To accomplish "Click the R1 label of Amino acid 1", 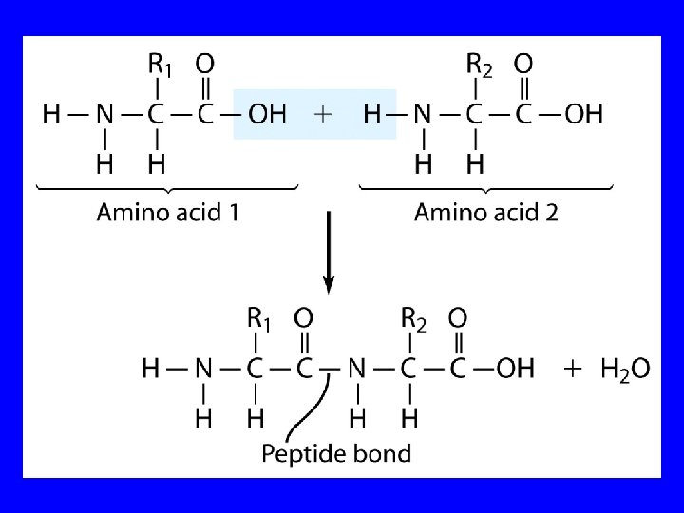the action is pos(160,65).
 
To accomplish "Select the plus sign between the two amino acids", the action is pos(323,115).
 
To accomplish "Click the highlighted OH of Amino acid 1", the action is pos(267,115).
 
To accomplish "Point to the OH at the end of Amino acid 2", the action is pos(584,115).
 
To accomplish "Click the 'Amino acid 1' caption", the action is pos(167,212).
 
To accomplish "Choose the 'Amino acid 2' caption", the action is pos(485,212).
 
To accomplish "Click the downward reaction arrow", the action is pos(329,253).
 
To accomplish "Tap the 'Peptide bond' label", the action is pos(336,453).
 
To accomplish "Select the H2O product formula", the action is pos(625,369).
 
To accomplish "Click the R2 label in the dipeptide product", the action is pos(412,317).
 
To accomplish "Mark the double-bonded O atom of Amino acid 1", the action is pos(204,65).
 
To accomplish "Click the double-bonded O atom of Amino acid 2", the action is pos(522,65).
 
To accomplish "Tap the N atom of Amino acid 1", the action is pos(104,115).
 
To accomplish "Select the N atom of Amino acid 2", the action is pos(422,115).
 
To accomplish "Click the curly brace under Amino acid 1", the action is pos(167,189).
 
